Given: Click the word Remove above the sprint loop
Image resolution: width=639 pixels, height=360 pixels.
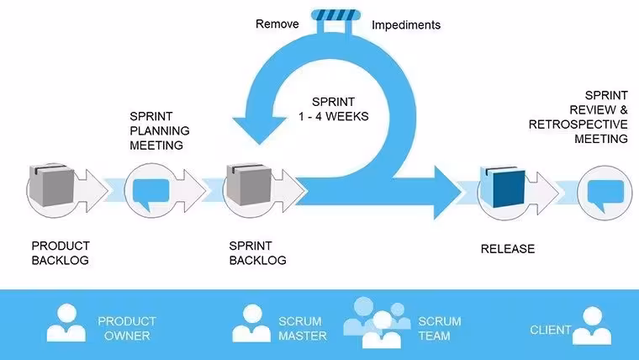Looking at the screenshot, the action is [x=277, y=24].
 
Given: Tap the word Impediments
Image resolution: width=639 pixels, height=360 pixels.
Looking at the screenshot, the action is [x=406, y=25].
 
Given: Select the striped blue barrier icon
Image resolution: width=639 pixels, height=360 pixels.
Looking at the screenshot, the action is [x=335, y=15].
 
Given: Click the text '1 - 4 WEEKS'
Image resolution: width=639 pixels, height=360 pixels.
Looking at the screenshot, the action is [x=333, y=117].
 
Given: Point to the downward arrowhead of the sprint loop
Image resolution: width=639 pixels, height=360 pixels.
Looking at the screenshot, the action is [x=260, y=130].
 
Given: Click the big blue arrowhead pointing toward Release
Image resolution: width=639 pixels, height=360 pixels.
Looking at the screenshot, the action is [x=448, y=193].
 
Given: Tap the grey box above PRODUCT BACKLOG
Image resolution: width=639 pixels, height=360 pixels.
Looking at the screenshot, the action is [x=51, y=185].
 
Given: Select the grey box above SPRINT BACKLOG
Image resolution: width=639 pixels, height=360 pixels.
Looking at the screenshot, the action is [x=249, y=185].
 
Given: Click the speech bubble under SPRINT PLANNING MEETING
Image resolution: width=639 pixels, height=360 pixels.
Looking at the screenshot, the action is [x=151, y=193].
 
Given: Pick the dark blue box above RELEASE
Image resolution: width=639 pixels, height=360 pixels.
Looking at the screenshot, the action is [x=503, y=187].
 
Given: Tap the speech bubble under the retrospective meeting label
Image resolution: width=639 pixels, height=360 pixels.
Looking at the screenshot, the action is [x=605, y=194].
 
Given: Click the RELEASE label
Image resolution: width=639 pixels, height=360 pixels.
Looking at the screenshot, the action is [x=508, y=249].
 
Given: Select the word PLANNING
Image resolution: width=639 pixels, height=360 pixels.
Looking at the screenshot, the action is [x=160, y=131].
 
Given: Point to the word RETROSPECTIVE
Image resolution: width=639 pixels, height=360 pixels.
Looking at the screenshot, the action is [x=578, y=124].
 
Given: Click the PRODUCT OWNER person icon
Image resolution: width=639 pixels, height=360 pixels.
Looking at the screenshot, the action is [x=66, y=323].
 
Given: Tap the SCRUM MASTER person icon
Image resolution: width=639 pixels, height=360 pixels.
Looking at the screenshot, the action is [x=251, y=323].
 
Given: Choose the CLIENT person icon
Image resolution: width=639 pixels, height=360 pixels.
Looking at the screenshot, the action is [x=592, y=326].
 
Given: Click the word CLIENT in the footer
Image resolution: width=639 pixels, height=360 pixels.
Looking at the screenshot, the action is [x=550, y=330].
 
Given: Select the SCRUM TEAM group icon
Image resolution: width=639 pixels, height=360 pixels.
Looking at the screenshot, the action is [x=377, y=322].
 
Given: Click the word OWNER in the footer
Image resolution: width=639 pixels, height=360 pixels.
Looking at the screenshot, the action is [x=127, y=336].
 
